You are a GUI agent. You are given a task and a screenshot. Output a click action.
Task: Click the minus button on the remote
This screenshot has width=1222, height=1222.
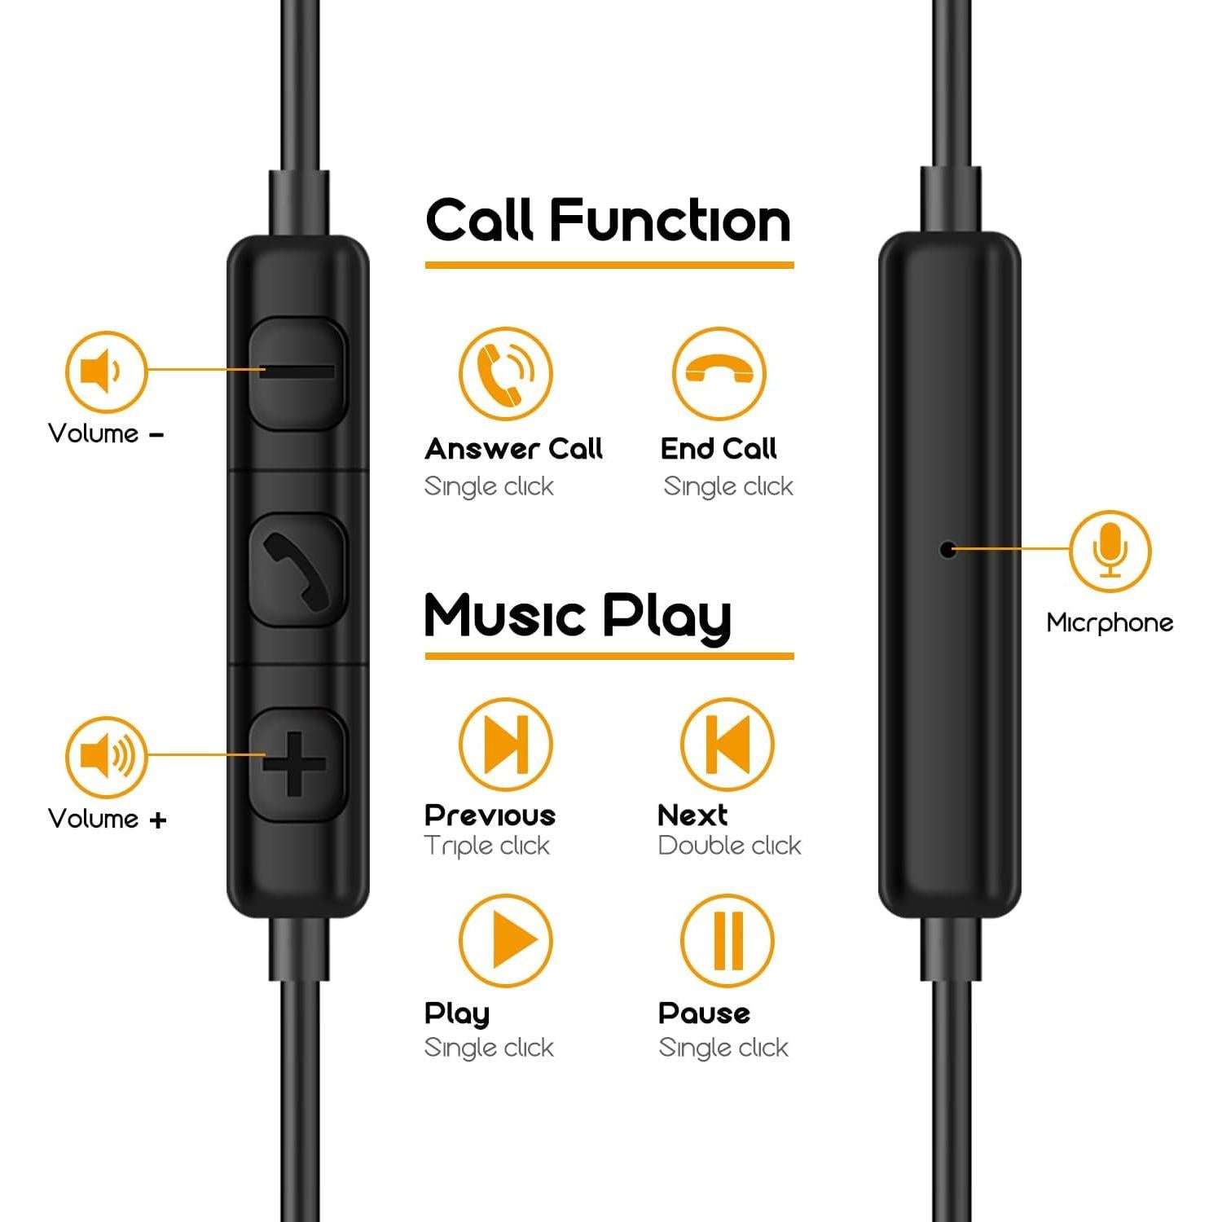click(297, 372)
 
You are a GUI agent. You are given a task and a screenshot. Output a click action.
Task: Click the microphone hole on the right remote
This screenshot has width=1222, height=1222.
click(947, 550)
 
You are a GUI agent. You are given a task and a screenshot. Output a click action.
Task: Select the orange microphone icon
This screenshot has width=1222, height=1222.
click(1110, 551)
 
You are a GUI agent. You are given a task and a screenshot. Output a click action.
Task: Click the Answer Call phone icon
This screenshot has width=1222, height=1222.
click(505, 374)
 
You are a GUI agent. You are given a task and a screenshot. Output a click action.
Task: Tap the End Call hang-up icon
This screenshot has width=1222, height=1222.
click(719, 374)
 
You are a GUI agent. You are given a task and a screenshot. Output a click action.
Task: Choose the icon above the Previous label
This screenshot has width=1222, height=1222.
click(505, 744)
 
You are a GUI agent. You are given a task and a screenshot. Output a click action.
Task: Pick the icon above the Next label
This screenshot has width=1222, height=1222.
click(727, 744)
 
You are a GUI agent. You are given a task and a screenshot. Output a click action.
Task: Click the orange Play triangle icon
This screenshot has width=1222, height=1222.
click(505, 940)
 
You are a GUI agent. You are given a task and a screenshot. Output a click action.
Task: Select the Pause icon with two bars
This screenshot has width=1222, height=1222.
click(727, 940)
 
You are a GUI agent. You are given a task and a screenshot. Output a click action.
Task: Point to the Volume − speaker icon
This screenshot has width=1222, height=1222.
click(106, 371)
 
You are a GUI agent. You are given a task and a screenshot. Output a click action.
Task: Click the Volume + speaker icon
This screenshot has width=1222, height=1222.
click(106, 757)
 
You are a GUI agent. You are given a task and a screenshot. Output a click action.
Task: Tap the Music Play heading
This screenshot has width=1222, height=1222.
click(577, 616)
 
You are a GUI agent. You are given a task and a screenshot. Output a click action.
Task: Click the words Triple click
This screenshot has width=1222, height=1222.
click(487, 846)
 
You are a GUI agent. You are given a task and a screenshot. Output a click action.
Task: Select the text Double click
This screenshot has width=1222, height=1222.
click(729, 846)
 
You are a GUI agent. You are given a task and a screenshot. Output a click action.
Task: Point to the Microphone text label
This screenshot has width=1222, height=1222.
click(1110, 623)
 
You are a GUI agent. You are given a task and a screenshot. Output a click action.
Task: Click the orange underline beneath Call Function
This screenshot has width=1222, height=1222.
click(609, 265)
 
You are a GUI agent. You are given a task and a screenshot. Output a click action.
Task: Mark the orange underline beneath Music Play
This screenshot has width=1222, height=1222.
click(609, 656)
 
